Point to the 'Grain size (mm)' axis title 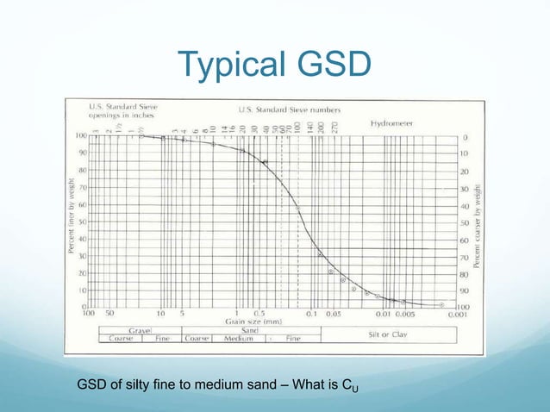click(x=250, y=320)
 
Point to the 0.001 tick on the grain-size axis click(x=453, y=314)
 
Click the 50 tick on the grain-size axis click(x=110, y=314)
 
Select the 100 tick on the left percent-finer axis click(x=81, y=136)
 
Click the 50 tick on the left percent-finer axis click(x=83, y=222)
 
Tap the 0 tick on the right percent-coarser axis click(x=465, y=136)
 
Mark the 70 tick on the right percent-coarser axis click(x=466, y=256)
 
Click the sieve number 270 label click(x=334, y=127)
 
